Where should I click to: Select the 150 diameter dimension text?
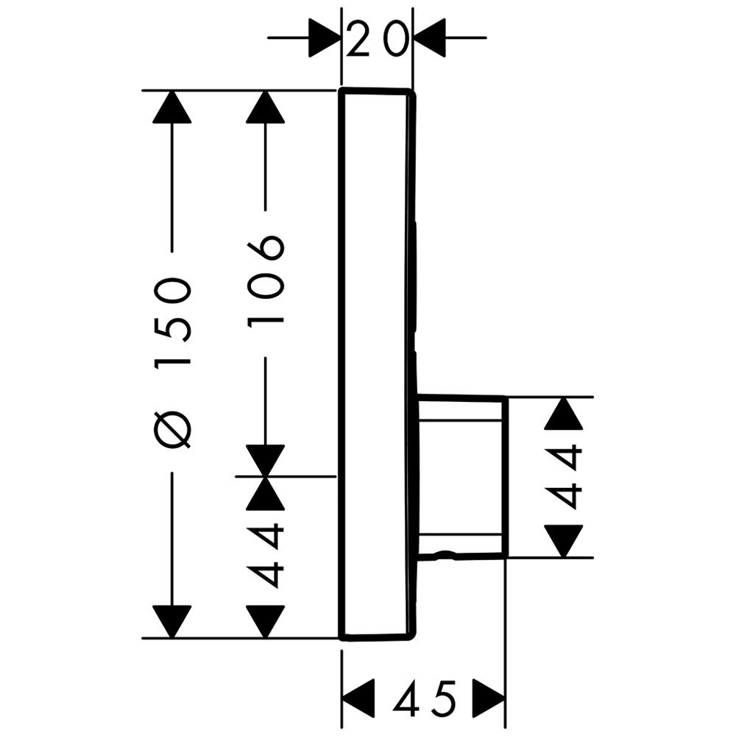coord(174,322)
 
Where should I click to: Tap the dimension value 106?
coord(266,280)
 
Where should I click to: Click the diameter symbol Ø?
coord(174,431)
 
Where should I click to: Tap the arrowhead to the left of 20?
coord(324,37)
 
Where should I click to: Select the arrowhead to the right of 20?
coord(431,37)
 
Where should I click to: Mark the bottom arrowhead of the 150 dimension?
coord(173,622)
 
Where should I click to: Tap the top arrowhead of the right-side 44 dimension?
coord(565,413)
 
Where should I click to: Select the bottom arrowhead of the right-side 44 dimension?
coord(565,541)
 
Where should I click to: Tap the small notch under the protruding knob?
coord(443,553)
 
